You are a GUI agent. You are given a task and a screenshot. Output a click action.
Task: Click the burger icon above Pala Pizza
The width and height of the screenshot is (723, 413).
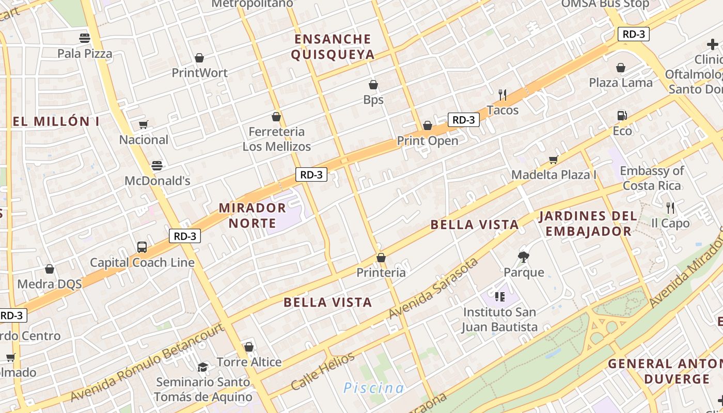[x=85, y=38]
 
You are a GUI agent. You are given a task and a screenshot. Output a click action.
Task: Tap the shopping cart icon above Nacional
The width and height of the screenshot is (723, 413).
[x=143, y=124]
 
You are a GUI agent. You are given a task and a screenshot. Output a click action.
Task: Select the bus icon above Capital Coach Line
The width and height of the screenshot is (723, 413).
[x=142, y=247]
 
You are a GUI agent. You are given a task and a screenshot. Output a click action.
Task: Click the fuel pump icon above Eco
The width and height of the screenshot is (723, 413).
[x=622, y=116]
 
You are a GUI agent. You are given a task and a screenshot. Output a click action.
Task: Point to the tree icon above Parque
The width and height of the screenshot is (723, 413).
[x=524, y=257]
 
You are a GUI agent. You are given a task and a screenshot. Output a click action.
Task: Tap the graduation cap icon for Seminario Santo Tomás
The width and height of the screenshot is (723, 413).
[x=202, y=367]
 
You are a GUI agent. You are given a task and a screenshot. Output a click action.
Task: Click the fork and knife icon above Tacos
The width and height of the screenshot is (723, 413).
[x=502, y=94]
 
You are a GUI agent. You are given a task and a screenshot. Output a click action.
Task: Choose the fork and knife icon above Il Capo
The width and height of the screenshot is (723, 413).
[x=670, y=208]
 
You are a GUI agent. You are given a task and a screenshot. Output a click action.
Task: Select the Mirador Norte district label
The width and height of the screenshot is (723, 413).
[x=252, y=215]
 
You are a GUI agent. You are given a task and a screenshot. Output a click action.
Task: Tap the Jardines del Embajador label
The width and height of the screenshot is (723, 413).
[x=588, y=224]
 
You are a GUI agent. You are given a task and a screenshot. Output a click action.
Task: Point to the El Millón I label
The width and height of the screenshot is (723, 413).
[x=56, y=122]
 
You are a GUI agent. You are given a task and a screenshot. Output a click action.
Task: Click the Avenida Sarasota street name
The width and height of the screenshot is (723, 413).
[x=433, y=289]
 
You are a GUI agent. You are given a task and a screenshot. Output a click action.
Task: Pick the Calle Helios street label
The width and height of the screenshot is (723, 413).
[x=323, y=371]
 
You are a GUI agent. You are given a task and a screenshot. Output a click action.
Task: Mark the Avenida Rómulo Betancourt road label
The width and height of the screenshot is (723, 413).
[x=147, y=363]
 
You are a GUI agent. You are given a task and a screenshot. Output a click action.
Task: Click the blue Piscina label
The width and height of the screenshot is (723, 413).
[x=374, y=388]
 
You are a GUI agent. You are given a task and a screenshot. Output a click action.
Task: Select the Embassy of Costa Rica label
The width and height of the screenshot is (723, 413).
[x=652, y=178]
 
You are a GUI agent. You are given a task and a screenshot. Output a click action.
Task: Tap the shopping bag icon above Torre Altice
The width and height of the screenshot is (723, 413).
[x=249, y=347]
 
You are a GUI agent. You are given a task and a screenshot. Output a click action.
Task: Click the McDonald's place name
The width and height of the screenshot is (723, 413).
[x=158, y=181]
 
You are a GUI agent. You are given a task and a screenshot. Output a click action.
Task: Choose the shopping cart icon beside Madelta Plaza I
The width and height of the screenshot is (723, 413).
[x=554, y=160]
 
